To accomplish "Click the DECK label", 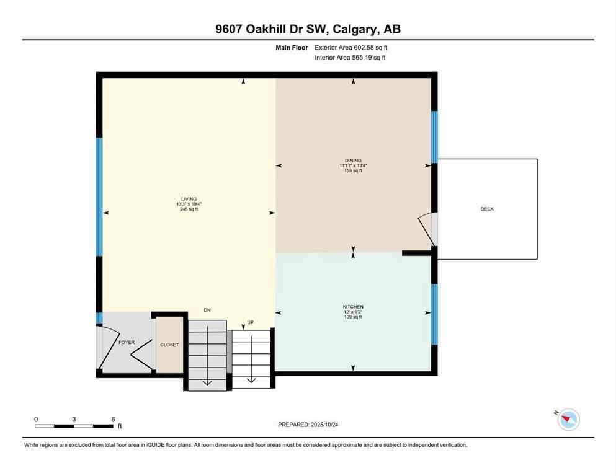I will [x=487, y=209].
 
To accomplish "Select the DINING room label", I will [x=354, y=161].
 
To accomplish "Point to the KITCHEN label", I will [x=353, y=307].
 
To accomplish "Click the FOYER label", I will [x=127, y=342].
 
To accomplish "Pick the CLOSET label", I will [x=169, y=345].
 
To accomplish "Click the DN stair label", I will [x=208, y=310].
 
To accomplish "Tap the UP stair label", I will [x=251, y=323].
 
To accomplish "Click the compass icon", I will [x=568, y=420].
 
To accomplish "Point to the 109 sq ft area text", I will [x=353, y=317].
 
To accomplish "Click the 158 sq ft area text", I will [x=354, y=171].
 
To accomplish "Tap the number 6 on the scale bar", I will [x=113, y=420].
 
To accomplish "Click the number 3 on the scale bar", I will [x=74, y=420].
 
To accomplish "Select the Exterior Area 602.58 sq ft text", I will [x=351, y=47].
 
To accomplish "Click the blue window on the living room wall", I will [x=99, y=196].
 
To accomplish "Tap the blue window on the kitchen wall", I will [x=434, y=314].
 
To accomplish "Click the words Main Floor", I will [x=292, y=47].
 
